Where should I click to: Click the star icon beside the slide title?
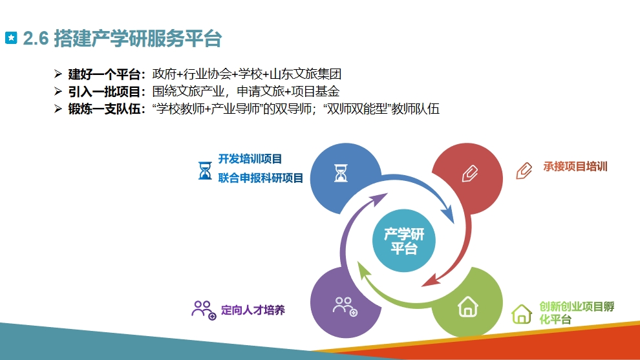(x=11, y=38)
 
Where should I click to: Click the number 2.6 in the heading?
(x=36, y=38)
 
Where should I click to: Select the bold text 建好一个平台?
(x=104, y=74)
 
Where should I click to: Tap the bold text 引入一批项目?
(x=104, y=92)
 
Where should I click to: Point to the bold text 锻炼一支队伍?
(x=104, y=109)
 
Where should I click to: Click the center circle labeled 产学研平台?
(x=403, y=241)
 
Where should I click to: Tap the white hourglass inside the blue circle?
(x=341, y=173)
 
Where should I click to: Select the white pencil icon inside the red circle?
(x=470, y=173)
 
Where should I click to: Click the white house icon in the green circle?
(x=468, y=306)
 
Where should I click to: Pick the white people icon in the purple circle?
(x=345, y=306)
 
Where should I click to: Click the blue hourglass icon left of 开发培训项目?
(x=205, y=171)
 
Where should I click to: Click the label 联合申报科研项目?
(x=261, y=178)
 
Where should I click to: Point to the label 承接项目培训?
(x=575, y=167)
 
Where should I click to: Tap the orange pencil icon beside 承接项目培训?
(x=524, y=171)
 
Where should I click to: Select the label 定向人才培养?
(x=253, y=310)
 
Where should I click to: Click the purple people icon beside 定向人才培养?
(x=204, y=310)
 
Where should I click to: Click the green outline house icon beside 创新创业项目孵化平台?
(x=522, y=314)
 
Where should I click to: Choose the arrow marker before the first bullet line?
(x=58, y=74)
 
